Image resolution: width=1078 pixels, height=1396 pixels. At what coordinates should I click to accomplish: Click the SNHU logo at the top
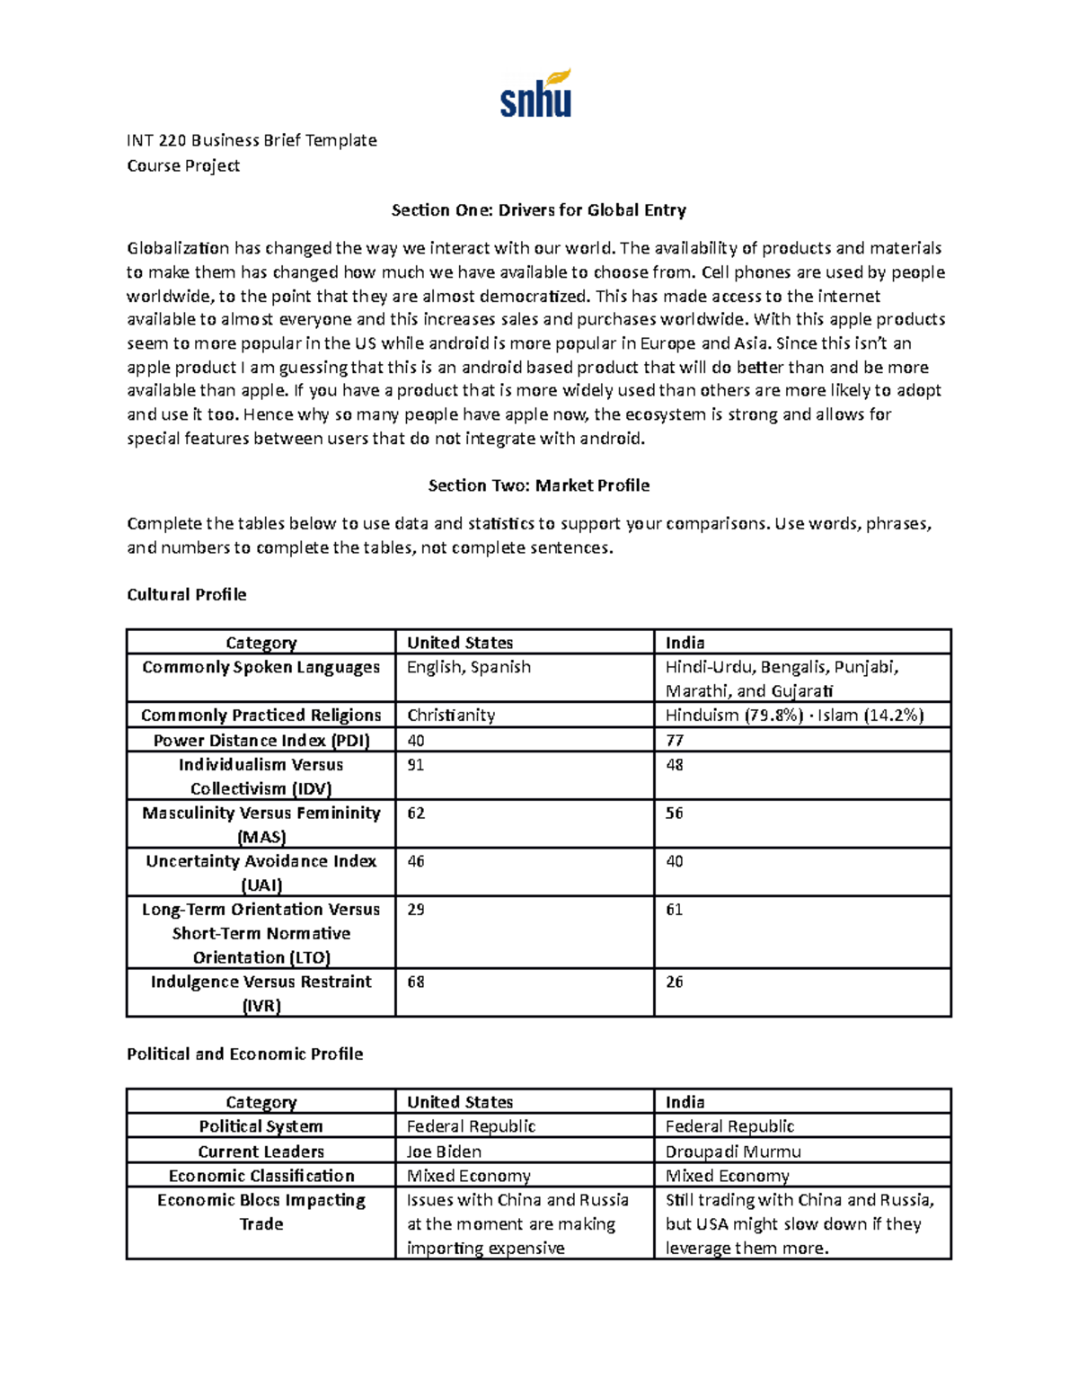pyautogui.click(x=536, y=95)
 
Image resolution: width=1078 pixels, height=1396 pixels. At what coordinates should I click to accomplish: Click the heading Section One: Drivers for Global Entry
pyautogui.click(x=538, y=210)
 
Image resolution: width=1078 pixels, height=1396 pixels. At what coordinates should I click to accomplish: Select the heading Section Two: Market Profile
pyautogui.click(x=538, y=485)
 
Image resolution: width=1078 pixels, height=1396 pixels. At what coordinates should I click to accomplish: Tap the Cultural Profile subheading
pyautogui.click(x=186, y=594)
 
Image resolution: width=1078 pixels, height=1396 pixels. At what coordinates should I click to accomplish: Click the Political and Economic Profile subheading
pyautogui.click(x=244, y=1054)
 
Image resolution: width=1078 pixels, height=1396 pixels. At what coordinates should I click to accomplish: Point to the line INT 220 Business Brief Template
pyautogui.click(x=252, y=140)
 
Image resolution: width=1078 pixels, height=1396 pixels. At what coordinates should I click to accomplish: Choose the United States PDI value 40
pyautogui.click(x=416, y=741)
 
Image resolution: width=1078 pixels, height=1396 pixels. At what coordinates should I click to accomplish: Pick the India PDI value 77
pyautogui.click(x=675, y=741)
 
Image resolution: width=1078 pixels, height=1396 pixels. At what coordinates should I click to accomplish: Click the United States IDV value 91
pyautogui.click(x=416, y=765)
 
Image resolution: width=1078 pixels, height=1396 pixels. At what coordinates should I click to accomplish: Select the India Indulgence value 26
pyautogui.click(x=675, y=982)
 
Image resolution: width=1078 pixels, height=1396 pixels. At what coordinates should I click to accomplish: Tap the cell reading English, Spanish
pyautogui.click(x=468, y=667)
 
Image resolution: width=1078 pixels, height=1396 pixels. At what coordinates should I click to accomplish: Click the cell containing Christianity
pyautogui.click(x=450, y=716)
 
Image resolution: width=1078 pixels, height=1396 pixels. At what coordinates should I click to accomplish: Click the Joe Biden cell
pyautogui.click(x=444, y=1151)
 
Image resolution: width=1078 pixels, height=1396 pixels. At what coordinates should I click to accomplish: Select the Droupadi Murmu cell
pyautogui.click(x=733, y=1151)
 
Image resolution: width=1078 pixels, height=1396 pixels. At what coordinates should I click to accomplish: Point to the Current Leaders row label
pyautogui.click(x=261, y=1151)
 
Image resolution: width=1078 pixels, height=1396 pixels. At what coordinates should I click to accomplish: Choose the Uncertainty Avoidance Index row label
pyautogui.click(x=261, y=872)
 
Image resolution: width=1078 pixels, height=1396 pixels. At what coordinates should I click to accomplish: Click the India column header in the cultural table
pyautogui.click(x=685, y=643)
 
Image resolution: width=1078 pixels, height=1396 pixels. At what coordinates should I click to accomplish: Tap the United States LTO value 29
pyautogui.click(x=416, y=910)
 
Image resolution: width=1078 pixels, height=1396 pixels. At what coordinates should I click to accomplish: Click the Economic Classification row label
pyautogui.click(x=261, y=1176)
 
